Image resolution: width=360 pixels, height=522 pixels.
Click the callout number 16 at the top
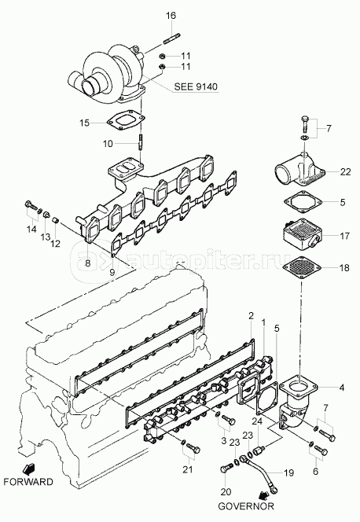pos(171,16)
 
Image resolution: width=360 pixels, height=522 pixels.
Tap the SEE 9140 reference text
pos(196,87)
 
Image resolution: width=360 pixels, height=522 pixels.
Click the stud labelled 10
pos(141,142)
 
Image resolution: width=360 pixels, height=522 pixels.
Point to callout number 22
pos(346,172)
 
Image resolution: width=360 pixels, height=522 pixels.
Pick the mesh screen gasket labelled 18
pos(302,267)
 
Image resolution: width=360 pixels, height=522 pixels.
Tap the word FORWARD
pos(28,482)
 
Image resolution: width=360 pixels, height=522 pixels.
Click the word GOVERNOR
pos(246,506)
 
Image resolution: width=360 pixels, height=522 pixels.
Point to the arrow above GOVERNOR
pos(266,494)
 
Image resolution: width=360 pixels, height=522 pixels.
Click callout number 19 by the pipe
pos(288,472)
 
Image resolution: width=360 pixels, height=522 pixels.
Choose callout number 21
pos(188,469)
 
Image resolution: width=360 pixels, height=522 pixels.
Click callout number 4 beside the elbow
pos(342,388)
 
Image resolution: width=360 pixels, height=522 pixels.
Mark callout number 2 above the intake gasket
pos(251,315)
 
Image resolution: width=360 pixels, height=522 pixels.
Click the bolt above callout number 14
pos(30,204)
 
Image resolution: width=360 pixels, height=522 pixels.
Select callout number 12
pos(56,244)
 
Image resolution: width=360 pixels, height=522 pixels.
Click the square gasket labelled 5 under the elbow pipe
pos(303,202)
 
